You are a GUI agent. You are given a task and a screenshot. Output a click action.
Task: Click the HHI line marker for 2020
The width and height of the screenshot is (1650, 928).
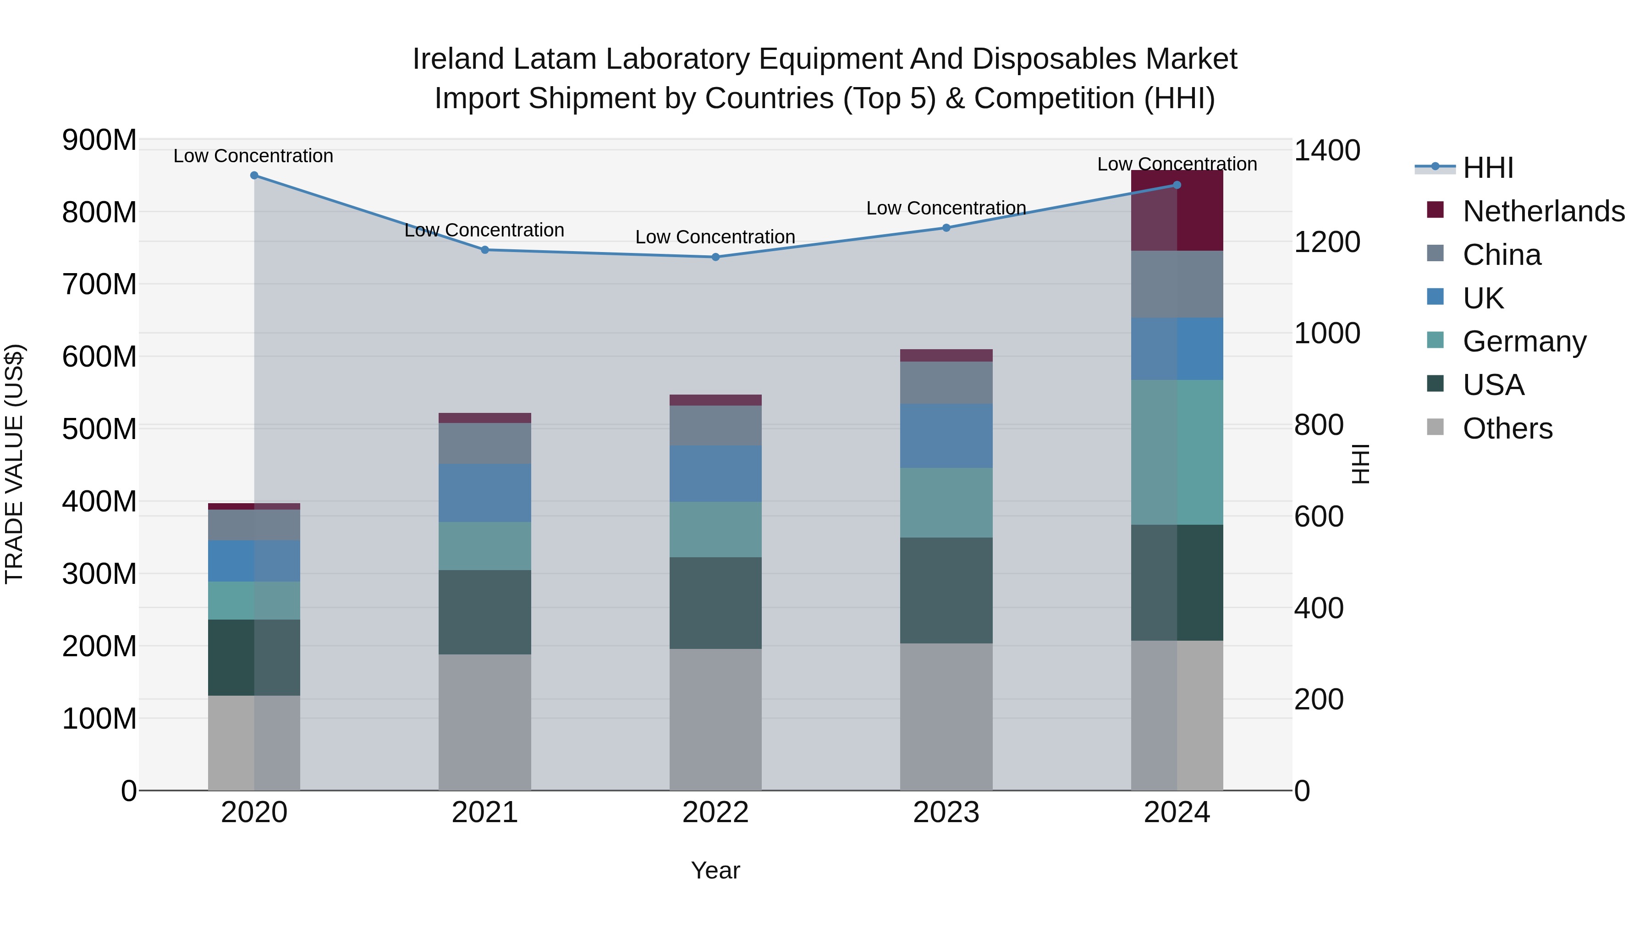point(254,176)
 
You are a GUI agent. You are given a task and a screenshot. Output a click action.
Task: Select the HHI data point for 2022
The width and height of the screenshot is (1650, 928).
point(715,257)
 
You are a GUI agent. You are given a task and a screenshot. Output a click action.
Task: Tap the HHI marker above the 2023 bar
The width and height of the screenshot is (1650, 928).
point(946,228)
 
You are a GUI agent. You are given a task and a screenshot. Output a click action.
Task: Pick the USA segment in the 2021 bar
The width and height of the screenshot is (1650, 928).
point(485,612)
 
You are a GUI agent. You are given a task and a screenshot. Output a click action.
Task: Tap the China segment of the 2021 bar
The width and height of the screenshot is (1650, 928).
point(485,443)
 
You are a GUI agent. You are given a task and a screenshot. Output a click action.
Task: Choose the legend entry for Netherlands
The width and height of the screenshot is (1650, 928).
point(1543,211)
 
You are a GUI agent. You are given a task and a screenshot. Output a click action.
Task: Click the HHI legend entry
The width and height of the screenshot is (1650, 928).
point(1487,168)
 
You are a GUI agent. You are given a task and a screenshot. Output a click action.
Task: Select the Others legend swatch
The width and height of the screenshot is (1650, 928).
point(1435,427)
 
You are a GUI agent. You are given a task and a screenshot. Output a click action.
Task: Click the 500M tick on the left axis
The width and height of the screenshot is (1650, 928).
point(99,428)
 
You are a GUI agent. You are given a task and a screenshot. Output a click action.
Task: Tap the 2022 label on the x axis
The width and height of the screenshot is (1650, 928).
point(715,813)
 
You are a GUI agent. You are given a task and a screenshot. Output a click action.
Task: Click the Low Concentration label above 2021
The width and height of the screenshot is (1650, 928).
point(484,230)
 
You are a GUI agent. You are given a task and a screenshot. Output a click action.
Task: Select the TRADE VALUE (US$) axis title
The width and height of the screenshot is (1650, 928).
point(14,464)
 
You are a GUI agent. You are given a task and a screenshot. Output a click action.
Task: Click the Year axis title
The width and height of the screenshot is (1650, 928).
point(715,870)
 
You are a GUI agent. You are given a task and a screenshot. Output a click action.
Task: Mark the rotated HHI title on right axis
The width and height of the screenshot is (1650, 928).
point(1360,464)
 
